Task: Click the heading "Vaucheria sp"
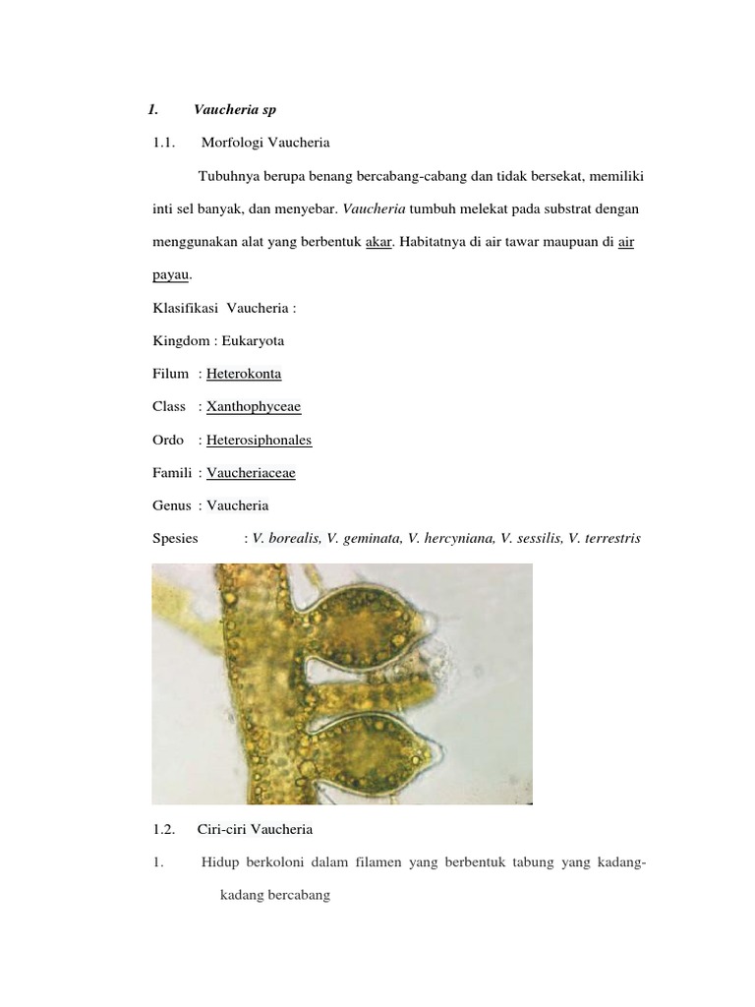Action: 235,109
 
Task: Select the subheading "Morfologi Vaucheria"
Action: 265,143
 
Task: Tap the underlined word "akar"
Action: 378,243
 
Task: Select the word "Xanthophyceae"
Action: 254,407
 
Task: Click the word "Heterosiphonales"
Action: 259,440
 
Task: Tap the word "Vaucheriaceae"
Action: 251,473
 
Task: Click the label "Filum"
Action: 171,374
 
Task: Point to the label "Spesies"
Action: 176,539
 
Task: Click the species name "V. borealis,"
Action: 287,539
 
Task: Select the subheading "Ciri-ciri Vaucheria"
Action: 255,829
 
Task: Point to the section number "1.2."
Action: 164,829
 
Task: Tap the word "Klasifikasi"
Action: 185,308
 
